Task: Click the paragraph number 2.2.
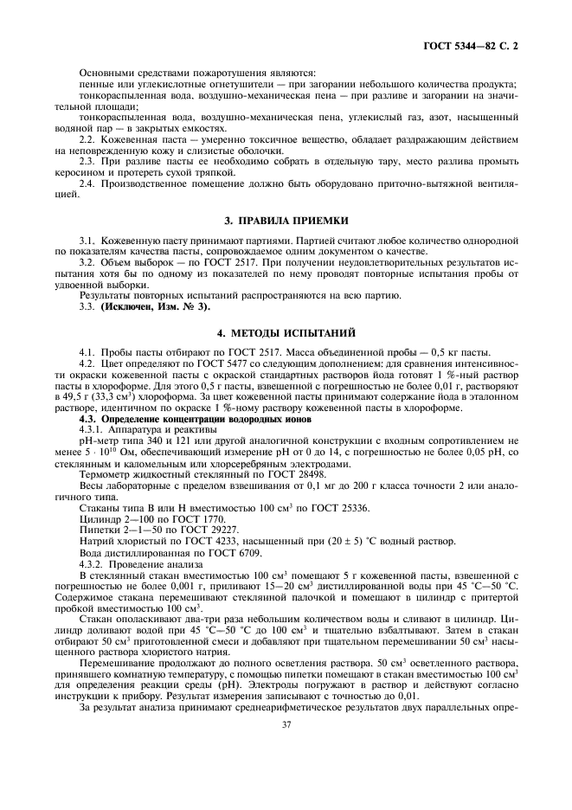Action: pos(87,138)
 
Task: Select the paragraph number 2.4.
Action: pos(87,184)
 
